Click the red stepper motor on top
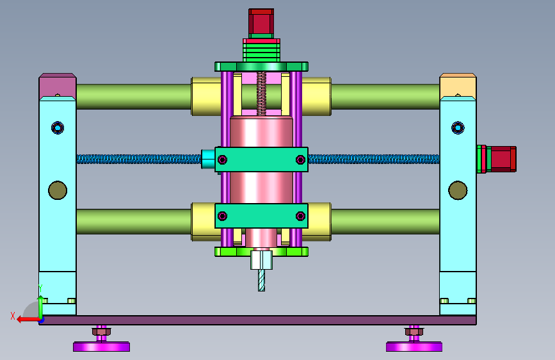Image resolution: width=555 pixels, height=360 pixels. point(261,22)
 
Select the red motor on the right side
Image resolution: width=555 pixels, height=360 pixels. point(501,159)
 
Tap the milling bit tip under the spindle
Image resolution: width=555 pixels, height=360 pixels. point(261,290)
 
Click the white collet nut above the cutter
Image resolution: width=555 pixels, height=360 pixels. point(262,259)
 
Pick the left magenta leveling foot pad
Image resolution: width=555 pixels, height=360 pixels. point(102,347)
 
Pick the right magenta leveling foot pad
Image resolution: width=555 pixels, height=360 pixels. point(414,347)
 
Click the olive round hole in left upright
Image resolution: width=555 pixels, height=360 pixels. point(58,190)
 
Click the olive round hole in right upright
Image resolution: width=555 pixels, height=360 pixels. point(458,190)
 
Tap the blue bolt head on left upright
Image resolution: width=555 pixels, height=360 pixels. point(58,127)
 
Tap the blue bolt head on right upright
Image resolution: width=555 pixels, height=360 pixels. point(458,127)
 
